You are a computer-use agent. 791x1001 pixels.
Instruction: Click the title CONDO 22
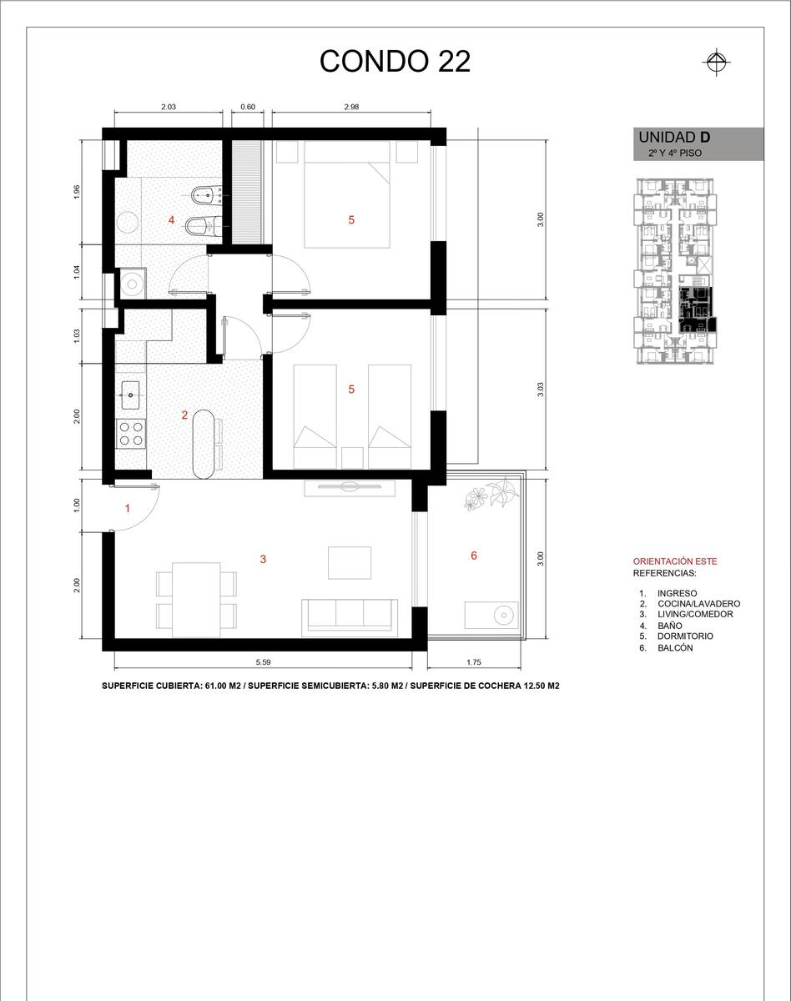[x=395, y=61]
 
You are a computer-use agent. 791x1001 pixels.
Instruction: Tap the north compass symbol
[x=717, y=62]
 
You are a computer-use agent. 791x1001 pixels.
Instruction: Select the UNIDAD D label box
[x=698, y=143]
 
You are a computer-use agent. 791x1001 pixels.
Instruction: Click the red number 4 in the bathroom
[x=171, y=219]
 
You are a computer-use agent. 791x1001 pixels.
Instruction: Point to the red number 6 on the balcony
[x=474, y=556]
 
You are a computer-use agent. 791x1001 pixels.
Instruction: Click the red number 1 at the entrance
[x=128, y=508]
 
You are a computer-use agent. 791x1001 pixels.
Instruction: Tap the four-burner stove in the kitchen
[x=131, y=433]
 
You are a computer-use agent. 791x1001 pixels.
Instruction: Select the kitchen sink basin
[x=131, y=395]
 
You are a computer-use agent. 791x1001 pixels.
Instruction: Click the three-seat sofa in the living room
[x=350, y=617]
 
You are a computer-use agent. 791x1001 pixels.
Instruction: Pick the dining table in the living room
[x=196, y=600]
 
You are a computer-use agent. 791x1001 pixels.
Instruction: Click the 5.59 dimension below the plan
[x=263, y=662]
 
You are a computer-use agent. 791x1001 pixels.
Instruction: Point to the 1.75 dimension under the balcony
[x=474, y=662]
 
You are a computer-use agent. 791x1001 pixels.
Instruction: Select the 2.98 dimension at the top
[x=351, y=107]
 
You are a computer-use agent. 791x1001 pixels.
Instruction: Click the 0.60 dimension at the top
[x=248, y=107]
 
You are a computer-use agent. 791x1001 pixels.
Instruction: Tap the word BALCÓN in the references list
[x=675, y=648]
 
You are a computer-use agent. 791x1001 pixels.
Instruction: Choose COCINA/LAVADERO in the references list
[x=699, y=604]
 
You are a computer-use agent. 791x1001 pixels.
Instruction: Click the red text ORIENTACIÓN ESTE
[x=675, y=561]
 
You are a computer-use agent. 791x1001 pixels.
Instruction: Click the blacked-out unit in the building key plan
[x=697, y=309]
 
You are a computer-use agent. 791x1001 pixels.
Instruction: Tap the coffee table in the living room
[x=350, y=563]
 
